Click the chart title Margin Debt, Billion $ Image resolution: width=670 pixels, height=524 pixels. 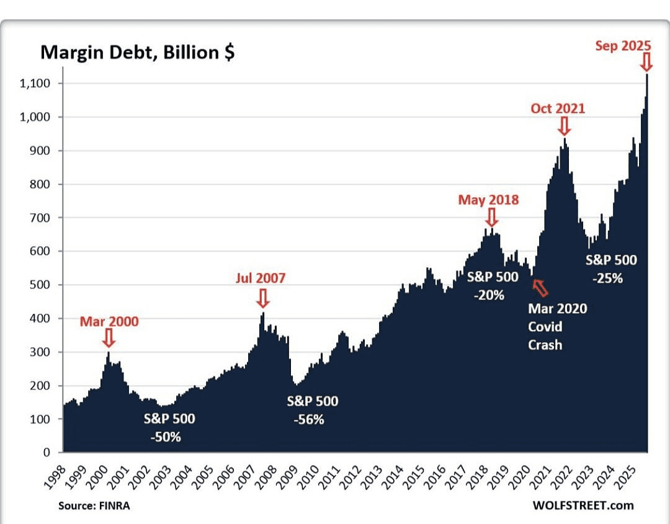(x=137, y=53)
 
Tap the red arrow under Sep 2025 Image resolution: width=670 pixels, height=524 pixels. (x=646, y=62)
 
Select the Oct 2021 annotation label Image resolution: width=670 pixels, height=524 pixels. (x=557, y=109)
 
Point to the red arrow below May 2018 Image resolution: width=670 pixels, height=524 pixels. (x=491, y=217)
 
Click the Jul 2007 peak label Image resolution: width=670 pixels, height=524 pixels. (x=261, y=278)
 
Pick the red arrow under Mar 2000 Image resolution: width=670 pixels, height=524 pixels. (x=109, y=338)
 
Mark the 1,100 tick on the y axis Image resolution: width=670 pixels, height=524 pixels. (x=38, y=84)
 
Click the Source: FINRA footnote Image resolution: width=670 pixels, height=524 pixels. (x=94, y=505)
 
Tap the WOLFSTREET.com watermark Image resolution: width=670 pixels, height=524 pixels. (x=583, y=505)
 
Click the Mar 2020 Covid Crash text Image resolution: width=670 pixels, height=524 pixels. (x=556, y=326)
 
